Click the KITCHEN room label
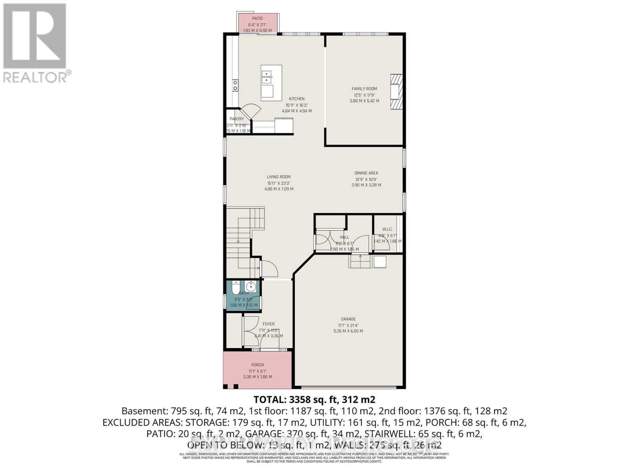pyautogui.click(x=297, y=99)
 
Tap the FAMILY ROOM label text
pyautogui.click(x=364, y=89)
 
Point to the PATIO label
pyautogui.click(x=257, y=18)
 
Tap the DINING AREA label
pyautogui.click(x=366, y=173)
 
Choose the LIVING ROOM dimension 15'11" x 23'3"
pyautogui.click(x=279, y=183)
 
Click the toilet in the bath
pyautogui.click(x=235, y=288)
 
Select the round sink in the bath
pyautogui.click(x=251, y=286)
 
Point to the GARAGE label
pyautogui.click(x=348, y=319)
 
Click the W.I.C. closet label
pyautogui.click(x=388, y=229)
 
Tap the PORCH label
pyautogui.click(x=257, y=365)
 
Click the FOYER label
pyautogui.click(x=269, y=324)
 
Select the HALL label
pyautogui.click(x=344, y=237)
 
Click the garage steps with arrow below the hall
pyautogui.click(x=360, y=261)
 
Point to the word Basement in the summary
pyautogui.click(x=144, y=411)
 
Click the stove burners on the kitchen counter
pyautogui.click(x=235, y=85)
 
